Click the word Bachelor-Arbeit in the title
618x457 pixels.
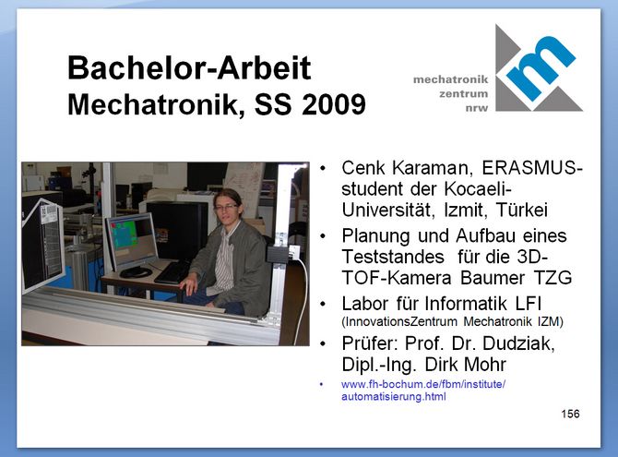pos(189,67)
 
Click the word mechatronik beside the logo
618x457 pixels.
pos(450,79)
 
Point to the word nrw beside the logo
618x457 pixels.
pos(477,108)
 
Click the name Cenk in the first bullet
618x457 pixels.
pos(363,168)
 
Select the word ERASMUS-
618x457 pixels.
pos(532,168)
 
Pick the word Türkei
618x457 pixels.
pos(522,210)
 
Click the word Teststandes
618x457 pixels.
pos(393,257)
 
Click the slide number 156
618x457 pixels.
pos(570,414)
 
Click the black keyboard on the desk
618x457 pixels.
pos(172,271)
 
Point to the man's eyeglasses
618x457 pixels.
pos(226,206)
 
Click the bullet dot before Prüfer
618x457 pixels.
pos(323,343)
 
